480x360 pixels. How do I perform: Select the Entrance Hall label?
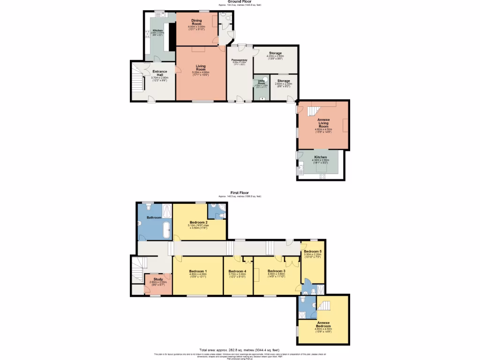pyautogui.click(x=159, y=74)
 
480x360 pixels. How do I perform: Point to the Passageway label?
pyautogui.click(x=239, y=60)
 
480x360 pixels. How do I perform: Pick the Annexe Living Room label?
pyautogui.click(x=323, y=123)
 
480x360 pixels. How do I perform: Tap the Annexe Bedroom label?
pyautogui.click(x=323, y=324)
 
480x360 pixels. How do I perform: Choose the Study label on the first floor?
pyautogui.click(x=157, y=279)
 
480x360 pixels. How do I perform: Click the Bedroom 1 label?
pyautogui.click(x=198, y=272)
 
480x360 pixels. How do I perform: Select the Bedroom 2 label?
pyautogui.click(x=198, y=223)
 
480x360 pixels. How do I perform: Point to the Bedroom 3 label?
pyautogui.click(x=277, y=271)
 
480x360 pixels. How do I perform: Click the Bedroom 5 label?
pyautogui.click(x=312, y=252)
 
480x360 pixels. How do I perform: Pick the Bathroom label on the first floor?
pyautogui.click(x=154, y=218)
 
